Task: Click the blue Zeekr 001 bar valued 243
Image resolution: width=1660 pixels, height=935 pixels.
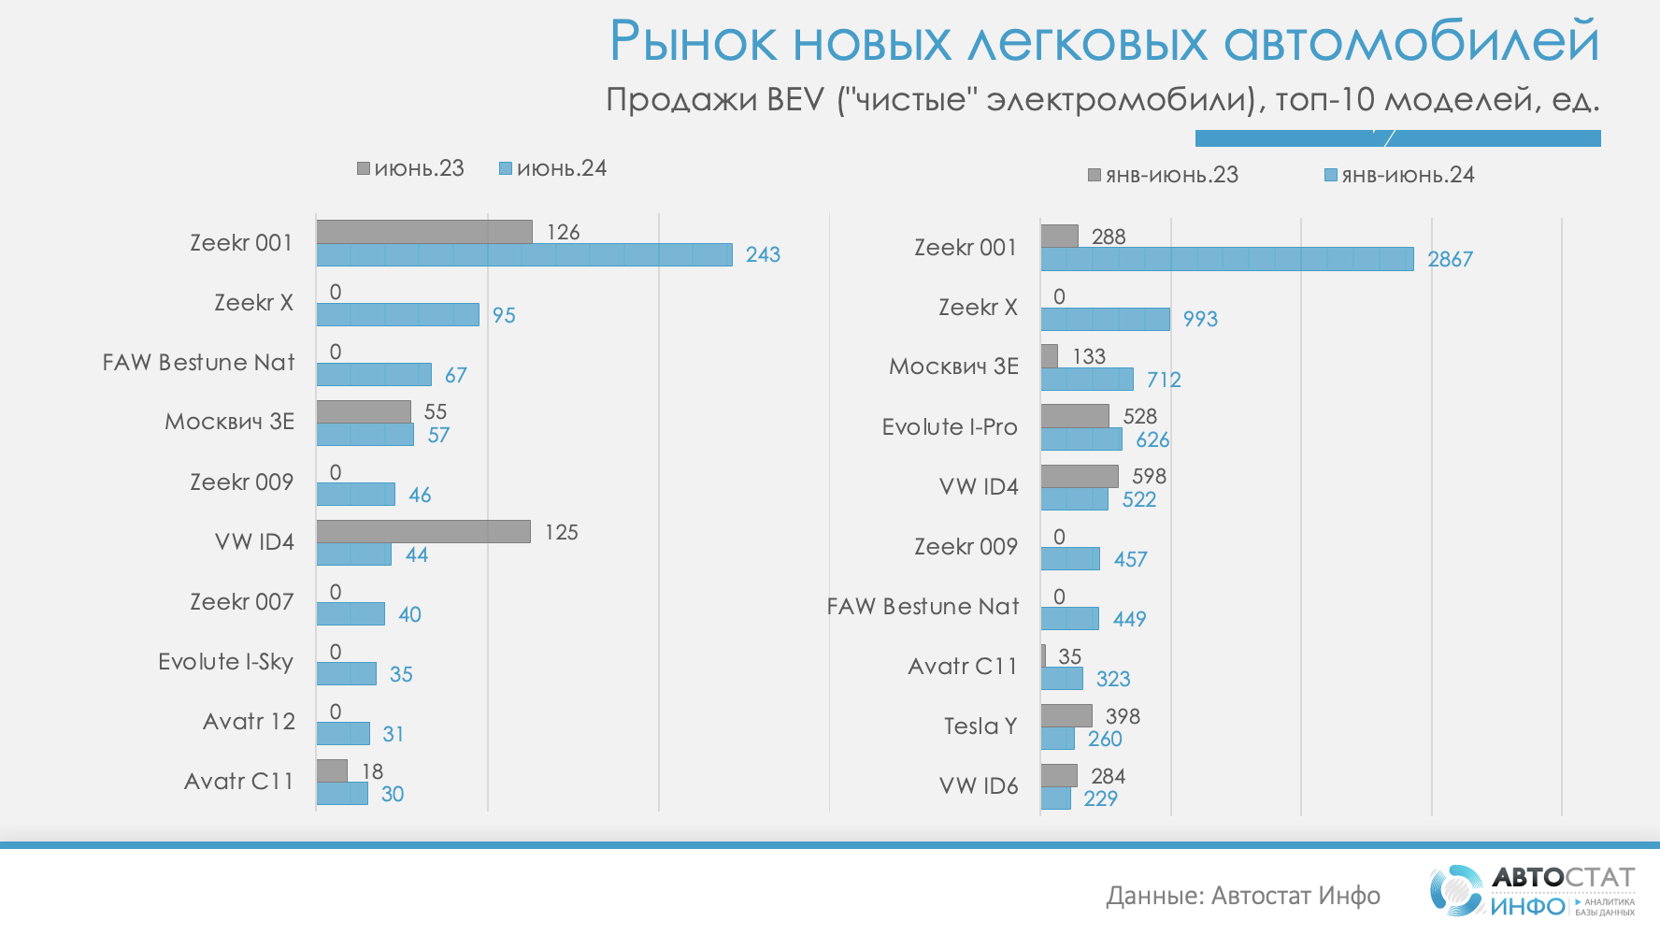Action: click(523, 254)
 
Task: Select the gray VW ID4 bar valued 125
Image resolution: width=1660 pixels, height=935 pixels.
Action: click(423, 531)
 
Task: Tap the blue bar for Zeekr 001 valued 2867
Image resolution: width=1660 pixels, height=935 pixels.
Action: click(1226, 259)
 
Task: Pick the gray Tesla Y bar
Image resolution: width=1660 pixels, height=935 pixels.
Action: click(1066, 715)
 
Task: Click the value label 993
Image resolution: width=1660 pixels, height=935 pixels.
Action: click(1200, 319)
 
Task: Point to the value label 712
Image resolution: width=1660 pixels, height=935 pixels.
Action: click(1164, 380)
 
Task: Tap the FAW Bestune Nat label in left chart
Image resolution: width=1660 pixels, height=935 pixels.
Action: click(198, 363)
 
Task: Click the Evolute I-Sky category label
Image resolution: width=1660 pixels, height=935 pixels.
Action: click(225, 662)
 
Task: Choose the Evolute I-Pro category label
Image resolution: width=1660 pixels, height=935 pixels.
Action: click(949, 427)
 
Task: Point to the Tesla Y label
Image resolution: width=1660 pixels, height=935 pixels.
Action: click(980, 726)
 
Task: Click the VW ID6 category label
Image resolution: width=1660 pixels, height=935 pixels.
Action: click(978, 786)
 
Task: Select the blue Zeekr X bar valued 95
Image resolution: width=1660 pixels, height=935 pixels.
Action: click(397, 314)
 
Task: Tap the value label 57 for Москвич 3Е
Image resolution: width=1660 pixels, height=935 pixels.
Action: click(438, 435)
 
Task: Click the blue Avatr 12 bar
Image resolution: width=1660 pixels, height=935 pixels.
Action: click(343, 734)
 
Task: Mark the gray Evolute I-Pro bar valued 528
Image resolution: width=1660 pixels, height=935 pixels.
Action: click(1075, 415)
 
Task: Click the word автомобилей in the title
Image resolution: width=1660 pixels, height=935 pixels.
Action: click(1410, 42)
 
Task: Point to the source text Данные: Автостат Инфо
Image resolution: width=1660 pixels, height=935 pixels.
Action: click(1242, 896)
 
